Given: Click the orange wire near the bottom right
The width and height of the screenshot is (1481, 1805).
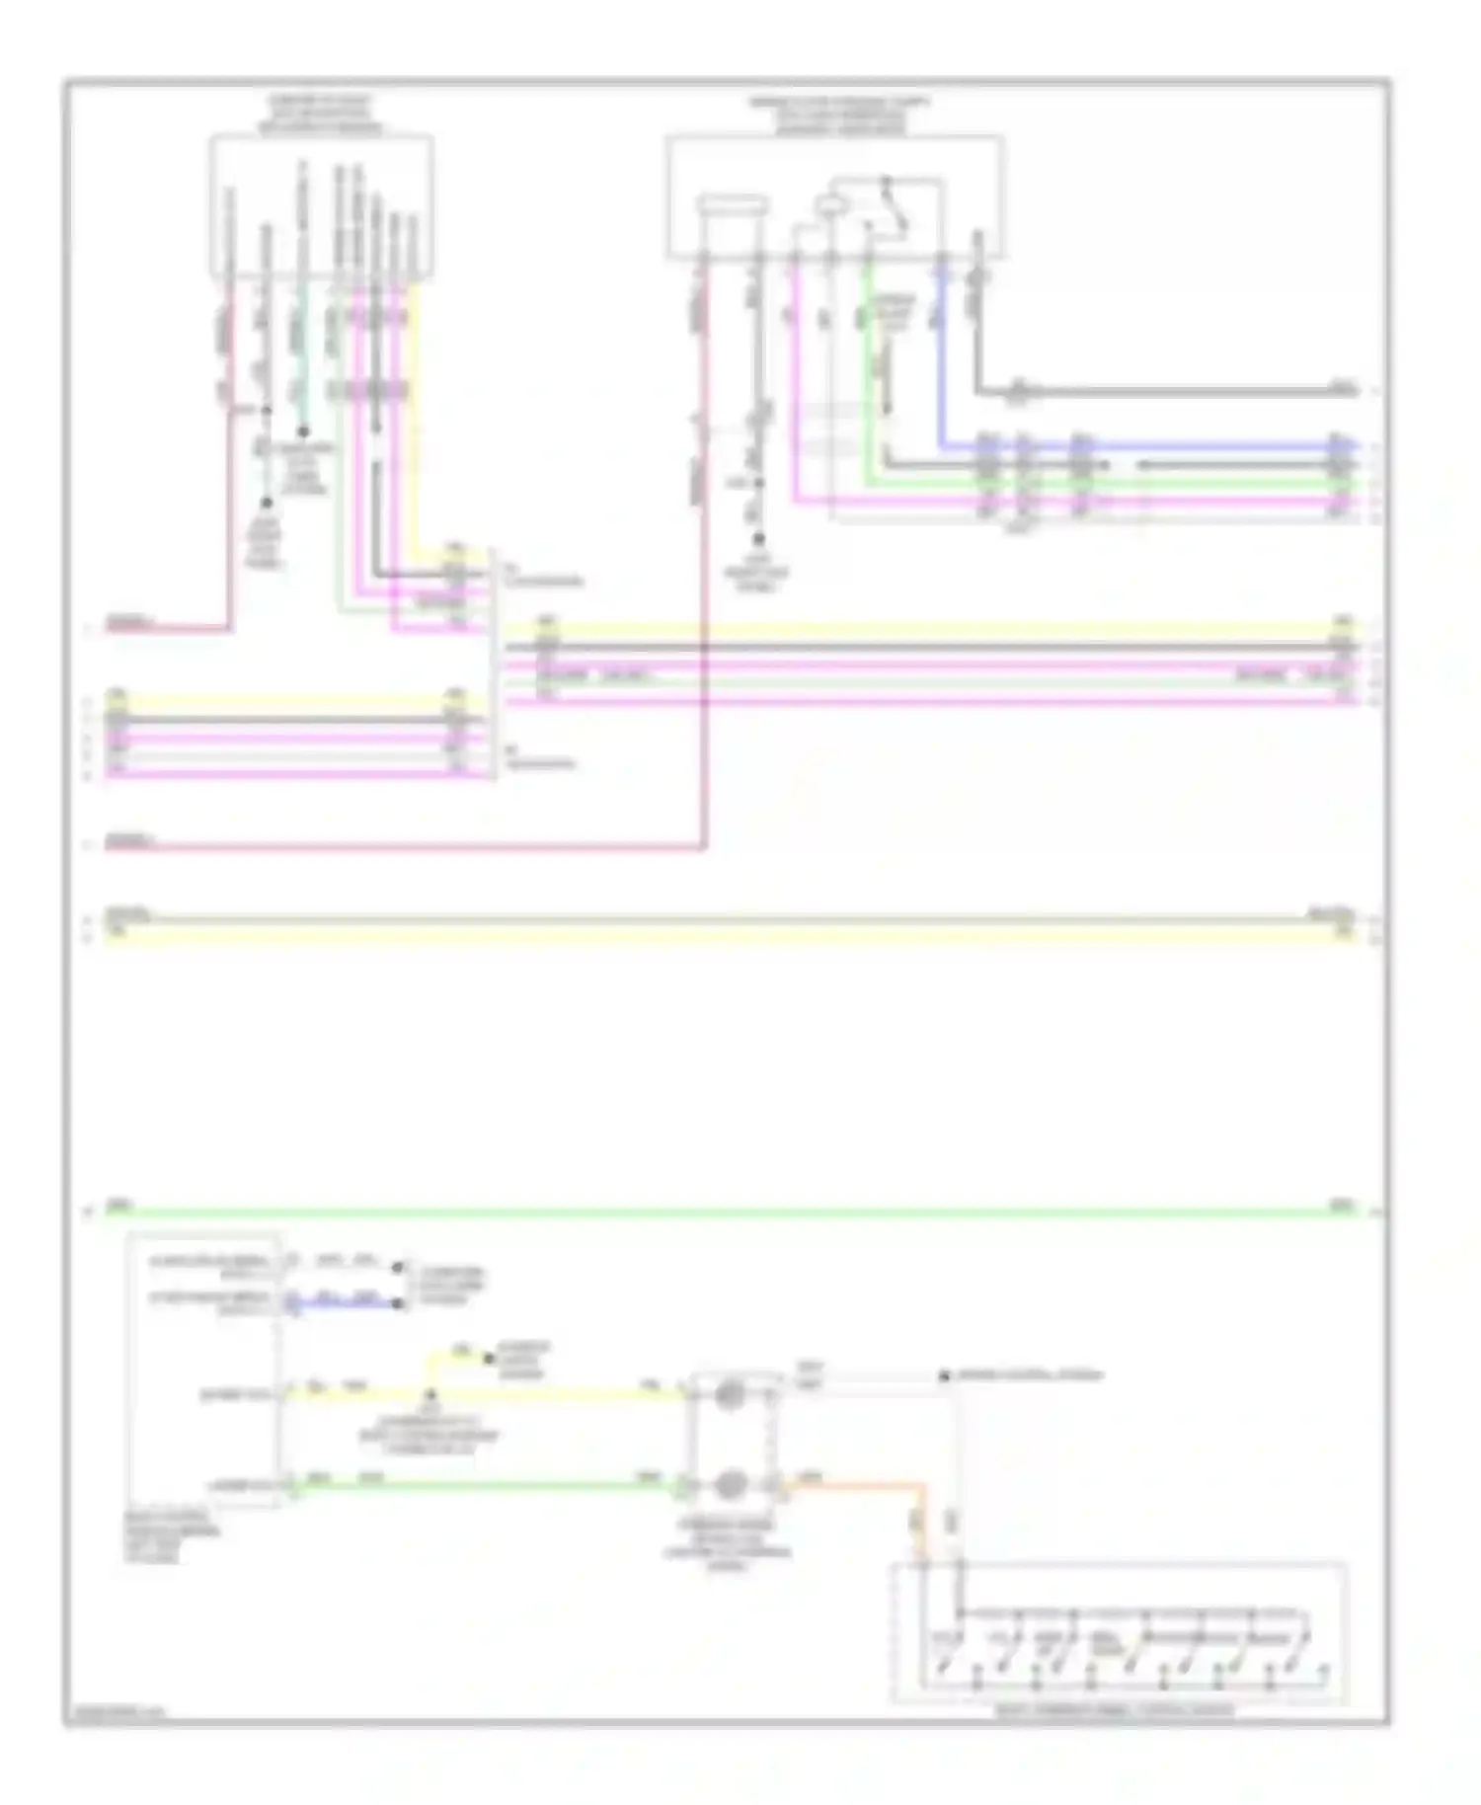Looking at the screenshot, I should coord(859,1483).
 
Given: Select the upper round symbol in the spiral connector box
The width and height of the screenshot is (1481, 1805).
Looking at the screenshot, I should coord(730,1394).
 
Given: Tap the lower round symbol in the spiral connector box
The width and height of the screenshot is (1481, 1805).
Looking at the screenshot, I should coord(730,1483).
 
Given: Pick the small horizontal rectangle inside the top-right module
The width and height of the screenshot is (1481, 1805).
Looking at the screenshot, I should coord(732,205).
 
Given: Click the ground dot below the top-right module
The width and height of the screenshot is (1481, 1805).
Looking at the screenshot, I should coord(758,539).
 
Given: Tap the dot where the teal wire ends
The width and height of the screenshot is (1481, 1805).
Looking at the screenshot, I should coord(303,432).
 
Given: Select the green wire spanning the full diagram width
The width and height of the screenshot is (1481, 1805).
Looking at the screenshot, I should coord(731,1211).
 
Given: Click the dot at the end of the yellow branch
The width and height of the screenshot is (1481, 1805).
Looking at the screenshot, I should coord(488,1359).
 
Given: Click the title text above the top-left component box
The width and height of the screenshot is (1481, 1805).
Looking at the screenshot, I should coord(321,115).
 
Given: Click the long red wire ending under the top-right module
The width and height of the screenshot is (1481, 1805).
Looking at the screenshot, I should coord(425,846).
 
